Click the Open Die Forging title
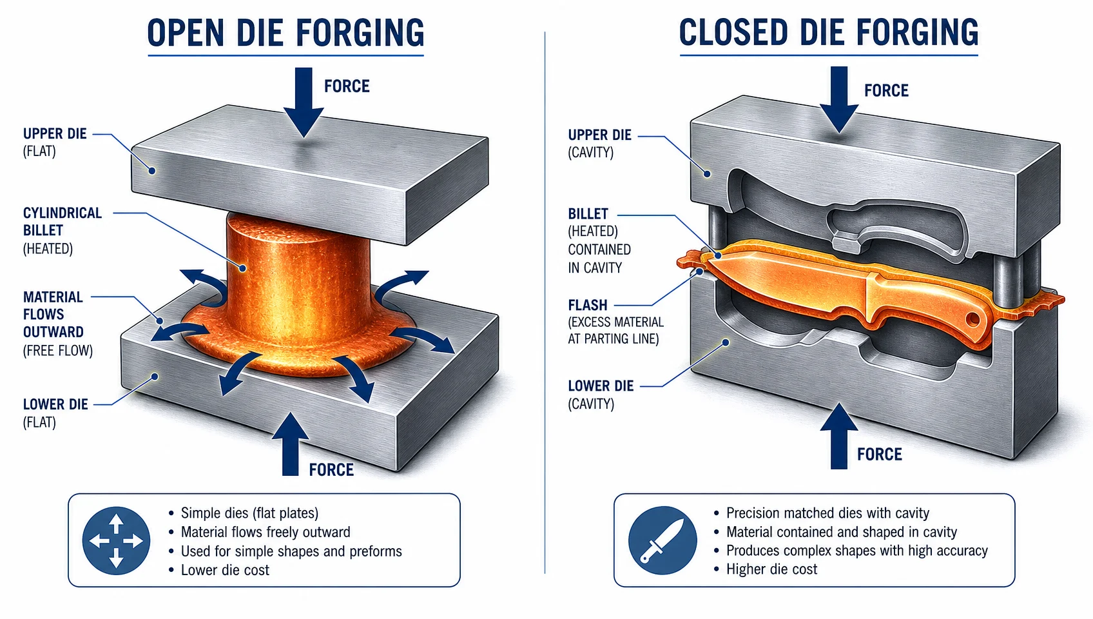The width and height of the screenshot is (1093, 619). click(x=285, y=33)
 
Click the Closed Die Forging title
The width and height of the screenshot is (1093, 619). click(x=829, y=33)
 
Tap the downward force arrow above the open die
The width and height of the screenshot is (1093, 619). click(x=304, y=102)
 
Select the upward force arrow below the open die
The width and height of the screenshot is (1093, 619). click(x=290, y=444)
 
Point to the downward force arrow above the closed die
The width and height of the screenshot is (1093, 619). click(x=839, y=99)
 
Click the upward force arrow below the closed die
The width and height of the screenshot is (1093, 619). click(x=839, y=436)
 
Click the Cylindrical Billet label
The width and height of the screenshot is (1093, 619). click(x=63, y=230)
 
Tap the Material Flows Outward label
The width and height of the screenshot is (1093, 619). click(x=57, y=323)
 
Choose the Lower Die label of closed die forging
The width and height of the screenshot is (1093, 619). click(x=600, y=395)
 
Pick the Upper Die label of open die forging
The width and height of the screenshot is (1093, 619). click(x=55, y=142)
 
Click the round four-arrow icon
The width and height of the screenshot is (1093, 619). click(x=116, y=540)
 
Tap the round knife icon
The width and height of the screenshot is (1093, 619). click(x=662, y=540)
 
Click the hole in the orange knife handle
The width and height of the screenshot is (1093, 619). click(x=972, y=320)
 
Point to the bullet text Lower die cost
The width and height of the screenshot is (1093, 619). click(x=225, y=570)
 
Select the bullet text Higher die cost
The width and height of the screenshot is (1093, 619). click(x=771, y=569)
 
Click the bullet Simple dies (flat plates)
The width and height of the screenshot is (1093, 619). click(x=249, y=513)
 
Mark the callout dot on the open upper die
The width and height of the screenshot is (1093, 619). click(x=152, y=171)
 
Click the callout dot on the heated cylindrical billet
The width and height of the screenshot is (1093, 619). click(x=242, y=268)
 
